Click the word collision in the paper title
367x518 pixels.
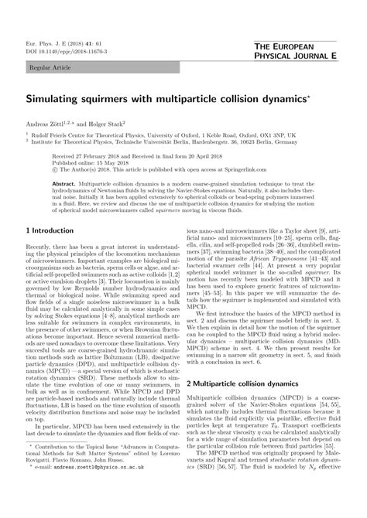click(x=233, y=101)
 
